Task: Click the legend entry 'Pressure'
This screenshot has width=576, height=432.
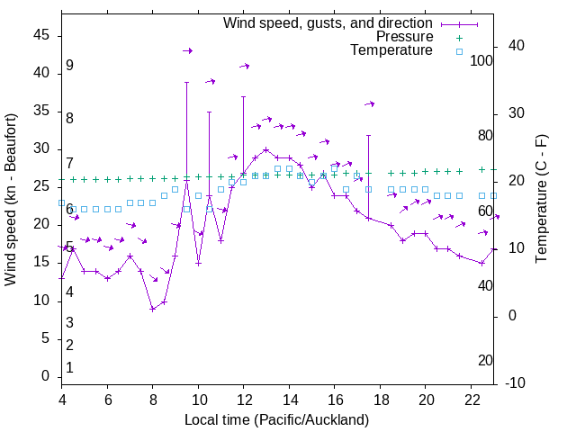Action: [404, 37]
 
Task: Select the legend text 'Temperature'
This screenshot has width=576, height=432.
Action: [391, 50]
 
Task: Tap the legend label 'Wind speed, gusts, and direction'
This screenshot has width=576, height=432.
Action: [328, 22]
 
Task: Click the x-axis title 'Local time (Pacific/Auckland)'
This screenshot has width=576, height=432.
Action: [276, 420]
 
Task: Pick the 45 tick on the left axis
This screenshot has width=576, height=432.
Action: [40, 35]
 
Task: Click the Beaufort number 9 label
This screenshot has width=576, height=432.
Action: [69, 66]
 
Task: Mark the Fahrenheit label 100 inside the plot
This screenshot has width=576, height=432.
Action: [481, 60]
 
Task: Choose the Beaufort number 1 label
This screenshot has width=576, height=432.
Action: [69, 368]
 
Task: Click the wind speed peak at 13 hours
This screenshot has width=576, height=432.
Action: [266, 149]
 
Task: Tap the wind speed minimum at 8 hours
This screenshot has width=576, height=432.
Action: [153, 309]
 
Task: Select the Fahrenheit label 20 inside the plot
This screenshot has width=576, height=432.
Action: [485, 361]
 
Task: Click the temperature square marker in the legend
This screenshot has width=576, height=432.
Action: [458, 51]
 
